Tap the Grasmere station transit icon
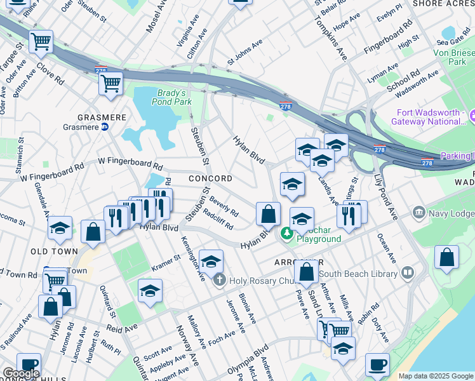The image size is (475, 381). tap(105, 126)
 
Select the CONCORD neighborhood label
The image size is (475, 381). tap(210, 179)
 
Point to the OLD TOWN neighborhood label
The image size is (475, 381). tap(54, 251)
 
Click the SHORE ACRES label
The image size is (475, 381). tap(443, 4)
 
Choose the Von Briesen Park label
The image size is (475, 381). tap(454, 57)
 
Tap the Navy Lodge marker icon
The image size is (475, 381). tap(418, 211)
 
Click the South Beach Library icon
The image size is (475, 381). tap(406, 274)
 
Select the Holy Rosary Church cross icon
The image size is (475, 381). tap(219, 279)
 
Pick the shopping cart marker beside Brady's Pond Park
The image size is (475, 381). tap(110, 82)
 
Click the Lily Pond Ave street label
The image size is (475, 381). tap(385, 197)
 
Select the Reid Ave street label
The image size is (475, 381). tap(123, 328)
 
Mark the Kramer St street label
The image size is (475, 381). tap(166, 262)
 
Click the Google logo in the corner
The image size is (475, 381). tap(21, 373)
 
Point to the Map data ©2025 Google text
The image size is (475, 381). tap(435, 376)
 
